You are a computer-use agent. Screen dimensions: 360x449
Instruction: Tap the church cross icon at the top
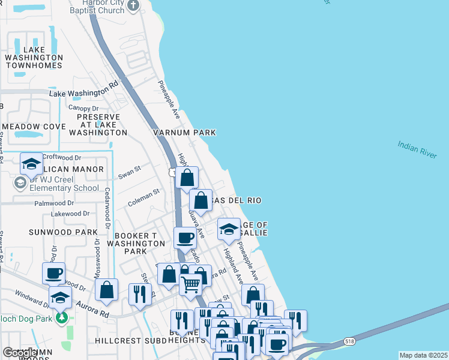pos(134,6)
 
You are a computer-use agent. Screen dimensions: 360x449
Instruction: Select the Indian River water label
pos(417,150)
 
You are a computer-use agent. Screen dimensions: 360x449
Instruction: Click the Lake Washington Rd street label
pos(83,92)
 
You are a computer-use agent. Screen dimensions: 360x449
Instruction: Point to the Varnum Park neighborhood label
pos(184,132)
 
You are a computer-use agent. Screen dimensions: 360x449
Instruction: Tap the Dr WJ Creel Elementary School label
pos(58,184)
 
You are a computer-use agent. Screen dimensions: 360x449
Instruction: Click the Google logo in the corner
pos(20,353)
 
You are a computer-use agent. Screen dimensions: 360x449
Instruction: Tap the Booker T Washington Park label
pos(136,244)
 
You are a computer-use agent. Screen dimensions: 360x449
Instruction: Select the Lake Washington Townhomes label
pos(34,58)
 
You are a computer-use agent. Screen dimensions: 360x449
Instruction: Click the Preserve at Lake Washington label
pos(98,124)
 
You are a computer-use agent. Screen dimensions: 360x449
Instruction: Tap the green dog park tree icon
pos(61,317)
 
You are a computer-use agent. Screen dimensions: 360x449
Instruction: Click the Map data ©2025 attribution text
pos(423,355)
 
